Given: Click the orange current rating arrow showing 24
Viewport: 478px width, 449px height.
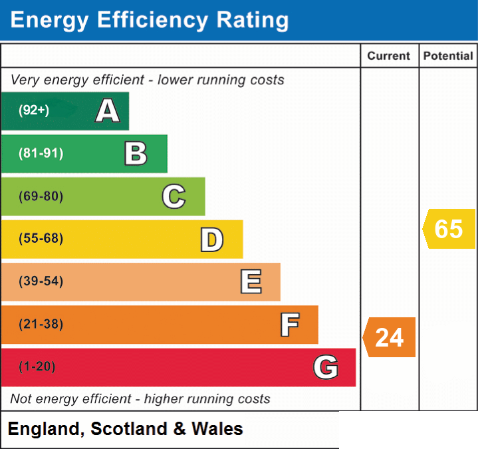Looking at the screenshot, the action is (x=390, y=337).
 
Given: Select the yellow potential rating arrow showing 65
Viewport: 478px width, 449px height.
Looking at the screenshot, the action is (x=449, y=229).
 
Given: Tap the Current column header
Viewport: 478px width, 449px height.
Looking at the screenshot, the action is (x=389, y=56).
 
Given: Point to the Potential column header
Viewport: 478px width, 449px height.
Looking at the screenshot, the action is (x=448, y=56).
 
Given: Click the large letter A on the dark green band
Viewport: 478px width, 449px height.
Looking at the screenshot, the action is (x=108, y=110).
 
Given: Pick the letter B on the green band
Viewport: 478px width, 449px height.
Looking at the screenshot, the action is (x=136, y=154).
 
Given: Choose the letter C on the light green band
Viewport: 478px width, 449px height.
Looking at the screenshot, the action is (x=174, y=196).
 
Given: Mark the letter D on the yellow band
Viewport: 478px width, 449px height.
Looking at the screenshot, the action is (x=212, y=239).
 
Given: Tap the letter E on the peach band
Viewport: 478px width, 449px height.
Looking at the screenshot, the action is (x=251, y=281).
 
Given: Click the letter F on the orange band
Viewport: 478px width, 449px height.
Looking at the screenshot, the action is (x=290, y=325).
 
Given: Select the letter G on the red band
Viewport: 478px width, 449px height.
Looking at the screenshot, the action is (x=326, y=367).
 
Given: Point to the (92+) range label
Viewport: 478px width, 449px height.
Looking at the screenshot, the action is (x=34, y=110).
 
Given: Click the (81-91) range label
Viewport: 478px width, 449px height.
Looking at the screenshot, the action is (x=41, y=153).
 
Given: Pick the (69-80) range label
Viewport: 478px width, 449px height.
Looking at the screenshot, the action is (x=41, y=196).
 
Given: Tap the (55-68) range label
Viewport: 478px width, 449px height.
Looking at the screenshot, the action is (x=41, y=238).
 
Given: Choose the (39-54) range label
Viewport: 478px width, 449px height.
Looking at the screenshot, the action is (x=41, y=281).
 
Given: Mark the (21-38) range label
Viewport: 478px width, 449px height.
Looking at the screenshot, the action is (x=41, y=324).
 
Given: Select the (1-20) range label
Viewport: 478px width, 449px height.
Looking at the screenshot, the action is (x=37, y=367).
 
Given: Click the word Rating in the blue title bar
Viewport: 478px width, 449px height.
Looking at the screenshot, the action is (x=253, y=20).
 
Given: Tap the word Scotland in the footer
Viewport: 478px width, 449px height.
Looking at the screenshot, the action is (x=129, y=429).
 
